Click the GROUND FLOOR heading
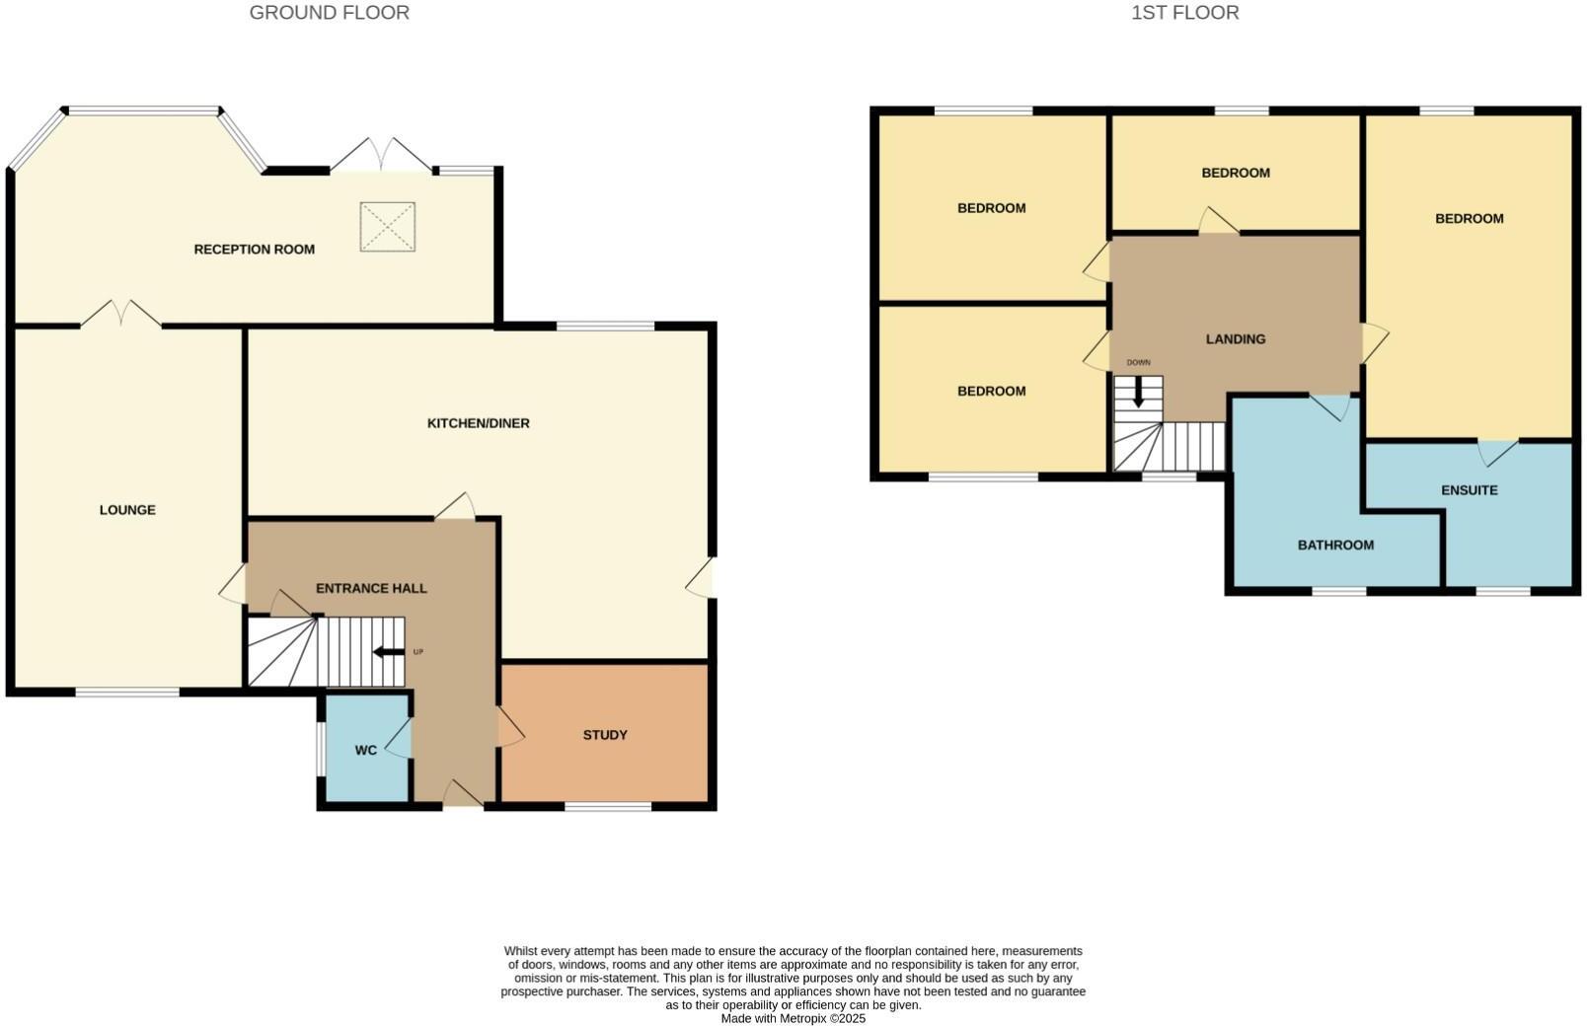[x=329, y=13]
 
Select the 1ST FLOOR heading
[x=1184, y=13]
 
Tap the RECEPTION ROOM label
[x=254, y=250]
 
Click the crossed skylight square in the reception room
[x=388, y=227]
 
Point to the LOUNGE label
[x=127, y=510]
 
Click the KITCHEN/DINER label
[x=478, y=423]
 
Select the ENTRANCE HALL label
[x=371, y=588]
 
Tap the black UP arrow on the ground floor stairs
[x=388, y=652]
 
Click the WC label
[x=365, y=750]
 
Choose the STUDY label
[x=605, y=735]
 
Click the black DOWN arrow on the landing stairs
[x=1138, y=393]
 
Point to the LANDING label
[x=1235, y=339]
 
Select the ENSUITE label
[x=1469, y=490]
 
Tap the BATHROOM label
[x=1335, y=545]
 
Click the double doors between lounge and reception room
[x=120, y=314]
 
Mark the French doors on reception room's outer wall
[x=381, y=156]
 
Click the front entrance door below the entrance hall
[x=462, y=796]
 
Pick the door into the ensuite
[x=1497, y=452]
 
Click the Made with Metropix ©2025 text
[x=793, y=1018]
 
